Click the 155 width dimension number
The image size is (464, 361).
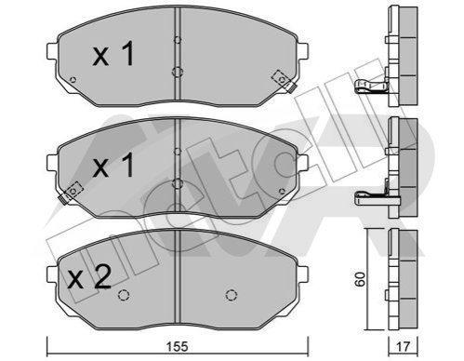coord(178,346)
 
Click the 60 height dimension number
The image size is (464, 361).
coord(361,279)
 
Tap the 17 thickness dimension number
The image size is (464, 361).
coord(404,346)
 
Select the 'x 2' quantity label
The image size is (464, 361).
coord(89,277)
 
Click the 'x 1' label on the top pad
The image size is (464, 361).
coord(113,53)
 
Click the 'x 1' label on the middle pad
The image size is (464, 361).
coord(113,165)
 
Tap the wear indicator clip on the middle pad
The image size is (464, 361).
coord(70,193)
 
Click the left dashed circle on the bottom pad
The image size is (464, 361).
coord(124,295)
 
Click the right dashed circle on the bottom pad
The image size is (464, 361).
coord(232,295)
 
